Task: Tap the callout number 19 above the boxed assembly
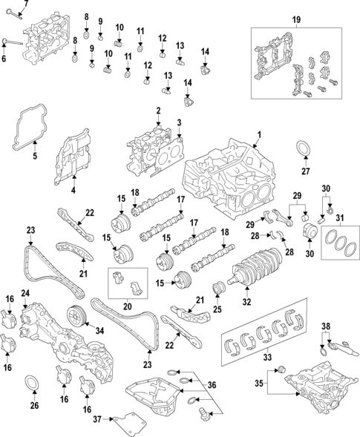[295, 19]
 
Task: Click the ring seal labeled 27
[304, 148]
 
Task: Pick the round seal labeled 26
[33, 384]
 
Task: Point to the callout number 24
[24, 293]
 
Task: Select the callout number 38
[325, 326]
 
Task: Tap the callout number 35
[258, 384]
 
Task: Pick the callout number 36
[212, 384]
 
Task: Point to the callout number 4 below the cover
[73, 191]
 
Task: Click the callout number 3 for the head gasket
[179, 122]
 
